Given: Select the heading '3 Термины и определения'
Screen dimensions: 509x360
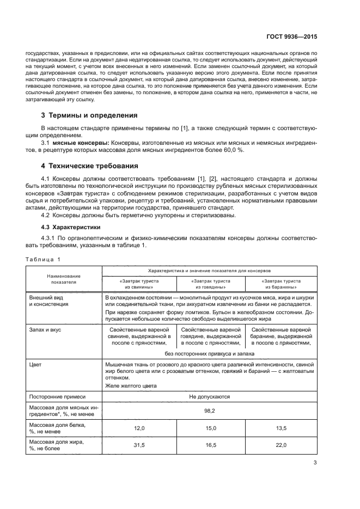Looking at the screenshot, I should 85,115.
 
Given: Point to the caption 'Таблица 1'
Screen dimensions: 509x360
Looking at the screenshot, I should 44,259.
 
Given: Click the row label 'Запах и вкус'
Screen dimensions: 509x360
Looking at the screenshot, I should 45,330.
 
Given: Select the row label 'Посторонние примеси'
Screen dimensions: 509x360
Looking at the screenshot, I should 54,397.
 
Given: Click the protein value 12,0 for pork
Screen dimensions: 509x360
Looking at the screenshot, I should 139,428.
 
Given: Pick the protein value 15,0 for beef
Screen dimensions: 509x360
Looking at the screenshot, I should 210,428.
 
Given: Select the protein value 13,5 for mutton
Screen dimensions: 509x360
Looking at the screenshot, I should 281,428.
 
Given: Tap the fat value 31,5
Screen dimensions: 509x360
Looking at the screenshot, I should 139,445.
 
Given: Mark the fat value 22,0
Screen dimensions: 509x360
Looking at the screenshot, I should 281,445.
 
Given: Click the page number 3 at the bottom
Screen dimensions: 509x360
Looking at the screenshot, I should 315,463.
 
